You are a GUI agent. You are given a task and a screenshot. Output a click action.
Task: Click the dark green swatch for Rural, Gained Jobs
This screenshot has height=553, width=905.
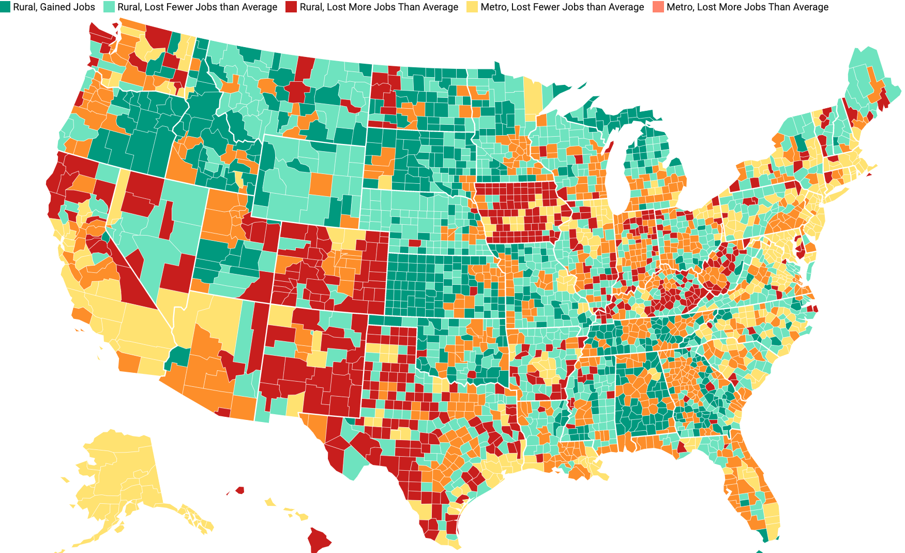click(6, 7)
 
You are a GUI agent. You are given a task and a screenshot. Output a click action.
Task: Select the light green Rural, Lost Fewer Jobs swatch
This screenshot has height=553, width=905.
click(110, 7)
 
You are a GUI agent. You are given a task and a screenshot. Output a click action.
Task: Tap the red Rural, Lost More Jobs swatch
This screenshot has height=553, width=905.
click(292, 7)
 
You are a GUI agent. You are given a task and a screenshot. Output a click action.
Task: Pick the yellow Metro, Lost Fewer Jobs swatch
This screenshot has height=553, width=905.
click(473, 7)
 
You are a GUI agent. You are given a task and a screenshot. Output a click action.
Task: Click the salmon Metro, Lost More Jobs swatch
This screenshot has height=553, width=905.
click(659, 7)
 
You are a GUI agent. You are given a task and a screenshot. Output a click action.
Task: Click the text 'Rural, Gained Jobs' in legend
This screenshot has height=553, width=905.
click(54, 7)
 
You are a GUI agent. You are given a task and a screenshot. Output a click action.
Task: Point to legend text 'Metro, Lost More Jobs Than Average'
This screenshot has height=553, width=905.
click(747, 7)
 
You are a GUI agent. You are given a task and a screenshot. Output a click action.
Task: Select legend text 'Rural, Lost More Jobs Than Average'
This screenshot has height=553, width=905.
click(379, 7)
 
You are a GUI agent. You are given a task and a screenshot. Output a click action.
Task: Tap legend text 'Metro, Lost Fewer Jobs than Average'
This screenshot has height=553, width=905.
click(562, 7)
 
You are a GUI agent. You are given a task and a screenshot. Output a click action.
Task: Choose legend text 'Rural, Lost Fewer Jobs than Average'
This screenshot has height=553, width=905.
click(197, 7)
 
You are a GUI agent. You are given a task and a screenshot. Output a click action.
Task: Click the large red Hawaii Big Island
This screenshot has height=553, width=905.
click(319, 540)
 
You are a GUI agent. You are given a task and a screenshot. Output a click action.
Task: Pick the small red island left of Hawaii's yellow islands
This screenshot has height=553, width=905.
click(239, 489)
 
